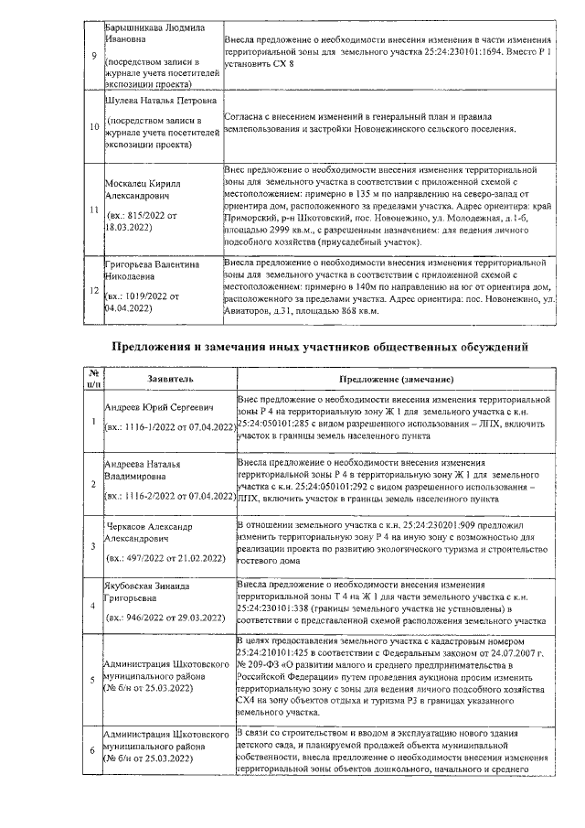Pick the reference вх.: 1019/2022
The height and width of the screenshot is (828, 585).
point(140,296)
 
